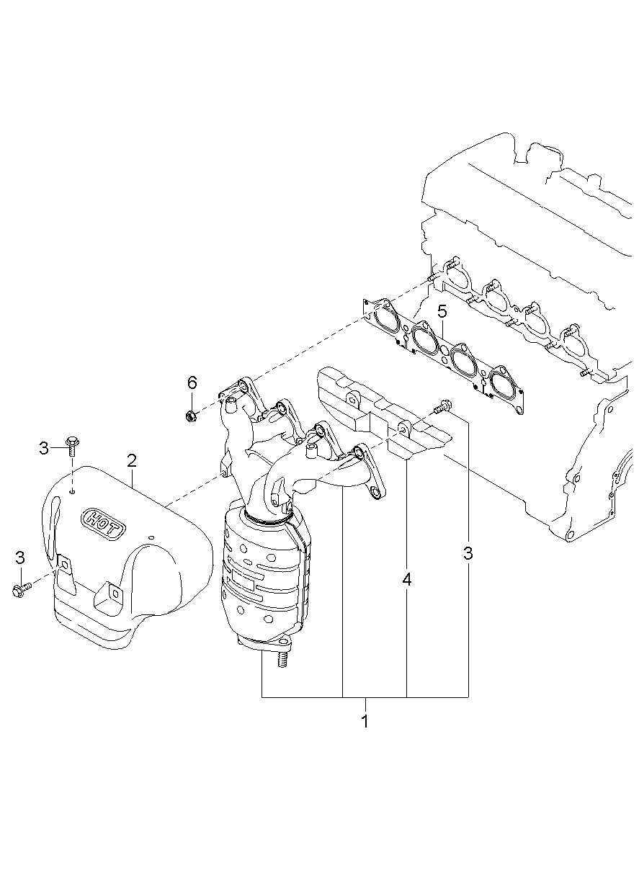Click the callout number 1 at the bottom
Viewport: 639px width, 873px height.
[365, 721]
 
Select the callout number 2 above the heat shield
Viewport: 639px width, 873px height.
[132, 460]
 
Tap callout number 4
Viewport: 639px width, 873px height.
[407, 580]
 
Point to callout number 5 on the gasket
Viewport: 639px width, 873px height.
[442, 312]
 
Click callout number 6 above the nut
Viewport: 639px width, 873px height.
[192, 382]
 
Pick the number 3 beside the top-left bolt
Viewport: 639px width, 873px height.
[44, 449]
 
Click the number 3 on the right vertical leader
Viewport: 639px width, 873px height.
[468, 553]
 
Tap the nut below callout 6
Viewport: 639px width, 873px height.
[191, 415]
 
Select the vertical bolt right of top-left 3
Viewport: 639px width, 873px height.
[71, 447]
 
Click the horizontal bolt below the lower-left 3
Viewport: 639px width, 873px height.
[21, 590]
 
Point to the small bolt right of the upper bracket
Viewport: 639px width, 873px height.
[441, 408]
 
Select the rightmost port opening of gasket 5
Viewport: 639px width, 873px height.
[501, 383]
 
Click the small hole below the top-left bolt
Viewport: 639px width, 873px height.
[72, 492]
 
